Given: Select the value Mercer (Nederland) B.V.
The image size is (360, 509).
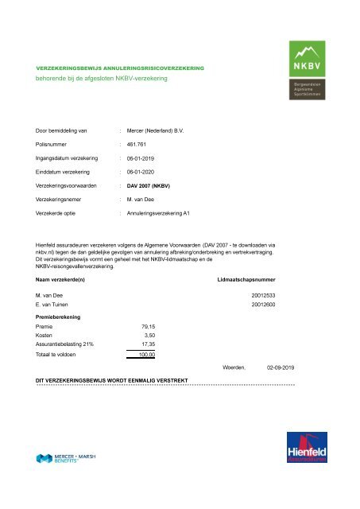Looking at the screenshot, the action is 156,129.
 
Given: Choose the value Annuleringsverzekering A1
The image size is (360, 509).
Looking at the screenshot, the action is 160,213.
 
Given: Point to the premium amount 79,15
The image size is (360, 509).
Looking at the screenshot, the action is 148,326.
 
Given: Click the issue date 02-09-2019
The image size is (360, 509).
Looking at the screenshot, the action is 281,368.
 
